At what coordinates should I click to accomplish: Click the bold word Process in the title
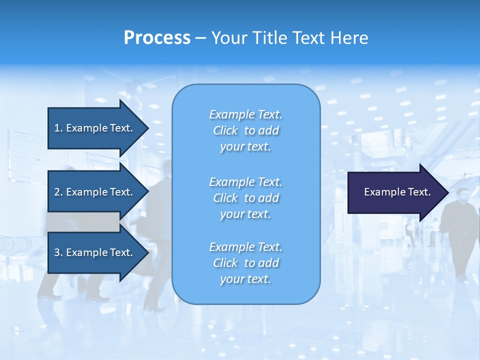[x=157, y=38]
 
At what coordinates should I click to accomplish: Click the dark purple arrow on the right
[x=395, y=192]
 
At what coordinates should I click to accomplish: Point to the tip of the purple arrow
[x=447, y=192]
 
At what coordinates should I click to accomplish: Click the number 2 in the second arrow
[x=57, y=192]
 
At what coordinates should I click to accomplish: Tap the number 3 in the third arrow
[x=57, y=252]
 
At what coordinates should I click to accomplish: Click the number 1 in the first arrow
[x=57, y=128]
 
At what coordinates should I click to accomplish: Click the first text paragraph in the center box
[x=245, y=130]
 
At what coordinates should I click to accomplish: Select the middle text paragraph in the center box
[x=245, y=198]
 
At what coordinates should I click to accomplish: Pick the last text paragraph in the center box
[x=245, y=263]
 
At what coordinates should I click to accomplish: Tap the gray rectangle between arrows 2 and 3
[x=83, y=222]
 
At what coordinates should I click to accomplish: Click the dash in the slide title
[x=200, y=38]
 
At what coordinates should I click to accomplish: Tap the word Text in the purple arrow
[x=419, y=192]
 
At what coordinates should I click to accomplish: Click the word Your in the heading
[x=229, y=38]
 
